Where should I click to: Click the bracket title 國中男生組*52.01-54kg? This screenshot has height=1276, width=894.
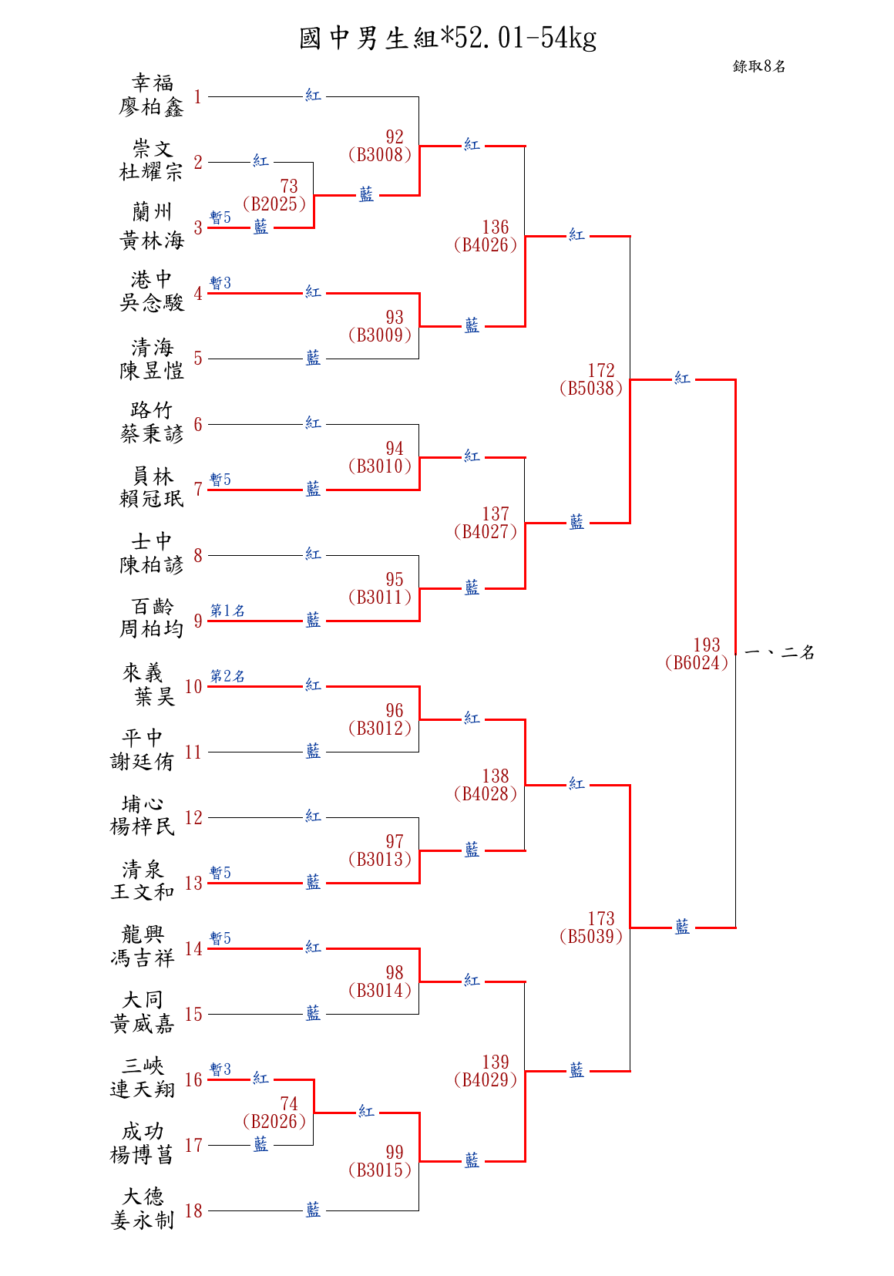coord(447,37)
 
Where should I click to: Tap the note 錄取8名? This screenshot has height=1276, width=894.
coord(758,66)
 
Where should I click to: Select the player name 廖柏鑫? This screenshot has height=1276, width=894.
coord(151,107)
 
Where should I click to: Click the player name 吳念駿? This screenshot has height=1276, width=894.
coord(151,303)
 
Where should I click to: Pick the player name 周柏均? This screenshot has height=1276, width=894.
coord(151,630)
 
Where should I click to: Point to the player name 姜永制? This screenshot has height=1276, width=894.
coord(143,1220)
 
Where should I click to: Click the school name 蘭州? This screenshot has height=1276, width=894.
coord(152,212)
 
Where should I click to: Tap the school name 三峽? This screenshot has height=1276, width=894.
coord(143,1066)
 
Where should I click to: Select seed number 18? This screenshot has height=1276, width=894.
coord(193,1210)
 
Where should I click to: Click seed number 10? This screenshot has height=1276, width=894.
coord(193,686)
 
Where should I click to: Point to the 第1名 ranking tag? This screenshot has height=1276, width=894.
coord(227,611)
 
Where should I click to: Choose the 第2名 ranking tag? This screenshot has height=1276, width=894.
coord(227,676)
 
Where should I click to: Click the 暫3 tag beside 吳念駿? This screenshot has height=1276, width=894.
coord(220,283)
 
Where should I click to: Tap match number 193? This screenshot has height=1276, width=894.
coord(706,645)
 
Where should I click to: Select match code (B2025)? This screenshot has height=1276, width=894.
coord(274,204)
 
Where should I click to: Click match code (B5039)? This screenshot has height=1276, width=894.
coord(591,937)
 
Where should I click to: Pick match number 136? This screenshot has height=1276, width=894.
coord(495,227)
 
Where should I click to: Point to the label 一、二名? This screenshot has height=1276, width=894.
coord(780,653)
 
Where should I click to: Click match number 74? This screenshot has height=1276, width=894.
coord(289,1103)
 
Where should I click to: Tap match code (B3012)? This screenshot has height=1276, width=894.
coord(380,729)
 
